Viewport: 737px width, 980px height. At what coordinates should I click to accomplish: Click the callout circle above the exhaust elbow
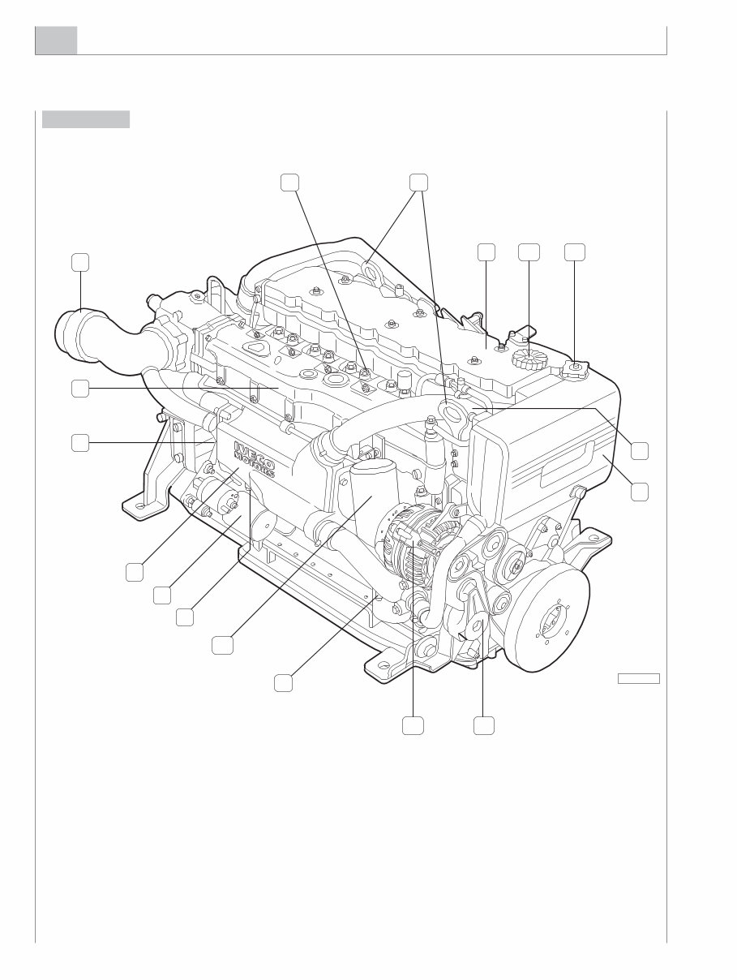(79, 262)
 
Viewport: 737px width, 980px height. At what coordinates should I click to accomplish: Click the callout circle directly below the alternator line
(412, 725)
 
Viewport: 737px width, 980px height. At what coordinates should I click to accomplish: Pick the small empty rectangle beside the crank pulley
(639, 678)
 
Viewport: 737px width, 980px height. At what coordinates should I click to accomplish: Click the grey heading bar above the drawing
(86, 119)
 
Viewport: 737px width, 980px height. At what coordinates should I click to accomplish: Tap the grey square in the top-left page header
(56, 41)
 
